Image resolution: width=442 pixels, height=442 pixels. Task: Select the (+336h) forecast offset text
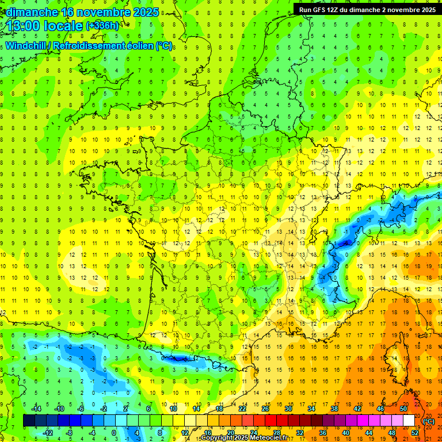pyautogui.click(x=102, y=25)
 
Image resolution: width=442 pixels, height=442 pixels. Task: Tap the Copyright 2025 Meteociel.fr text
pyautogui.click(x=244, y=438)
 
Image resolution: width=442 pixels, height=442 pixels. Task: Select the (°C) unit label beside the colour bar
pyautogui.click(x=428, y=421)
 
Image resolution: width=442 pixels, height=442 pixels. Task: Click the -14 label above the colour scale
pyautogui.click(x=36, y=409)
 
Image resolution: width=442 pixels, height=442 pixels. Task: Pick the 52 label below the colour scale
pyautogui.click(x=414, y=432)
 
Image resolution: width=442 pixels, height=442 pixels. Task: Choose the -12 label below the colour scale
pyautogui.click(x=49, y=432)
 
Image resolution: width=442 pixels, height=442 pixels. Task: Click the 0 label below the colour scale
pyautogui.click(x=114, y=432)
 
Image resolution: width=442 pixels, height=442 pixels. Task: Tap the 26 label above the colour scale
pyautogui.click(x=266, y=409)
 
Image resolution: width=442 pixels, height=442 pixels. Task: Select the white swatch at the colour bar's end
pyautogui.click(x=409, y=421)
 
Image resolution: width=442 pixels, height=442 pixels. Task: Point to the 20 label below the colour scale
pyautogui.click(x=231, y=432)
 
